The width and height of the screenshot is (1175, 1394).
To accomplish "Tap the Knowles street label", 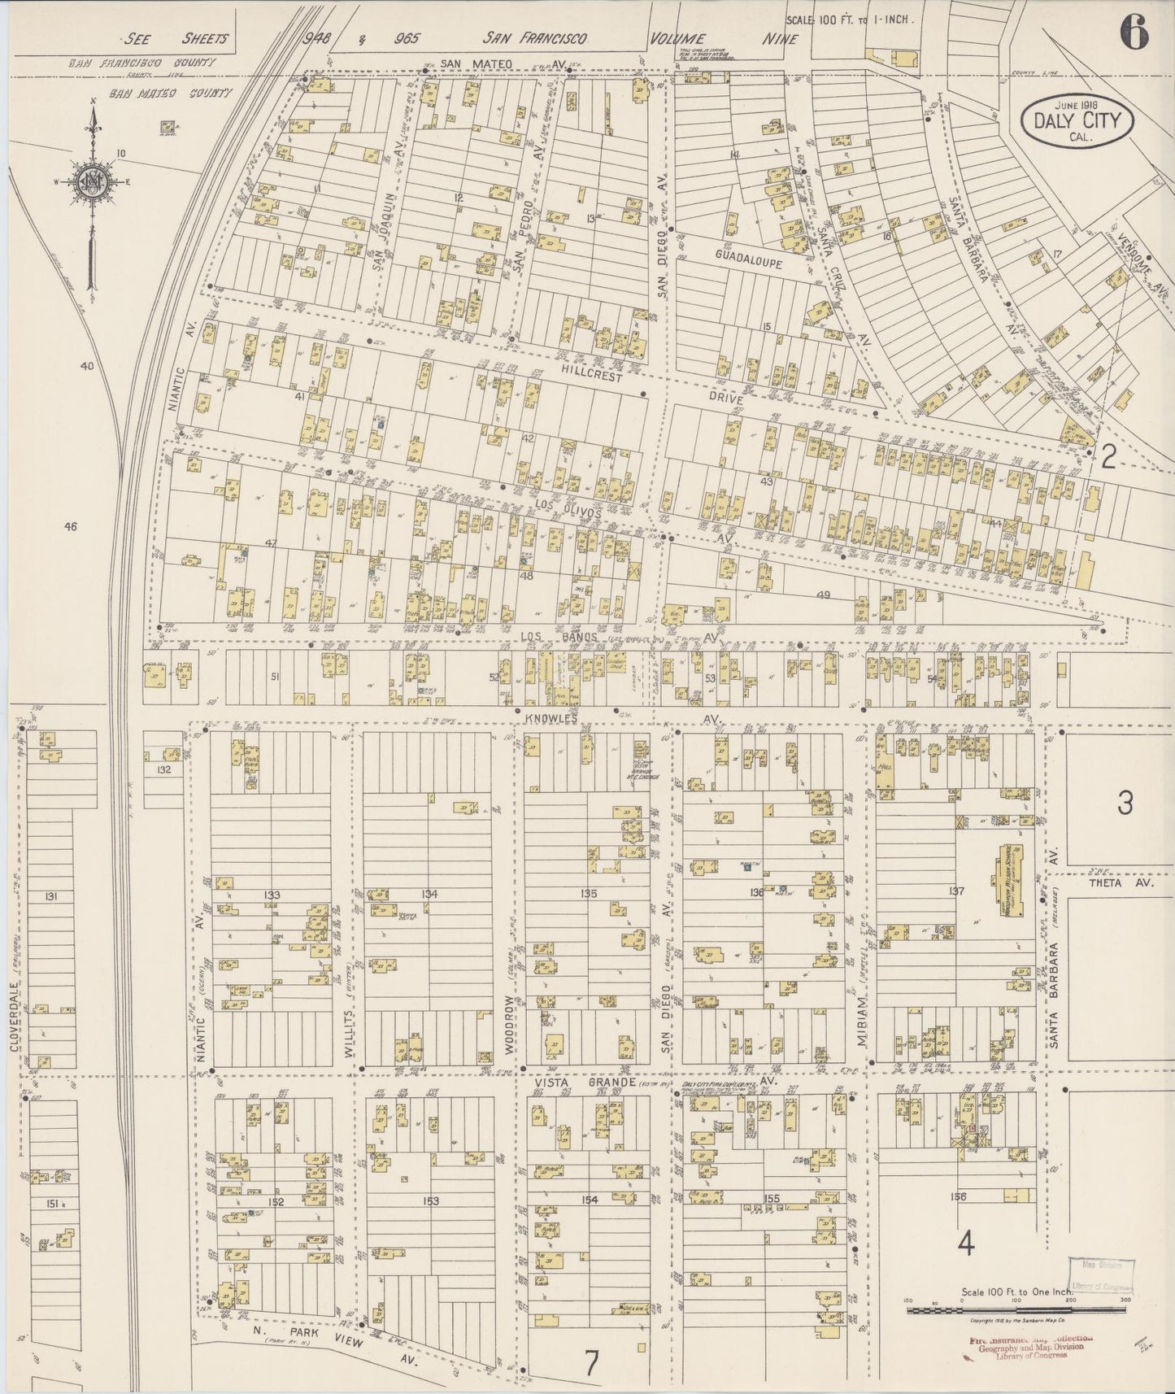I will (x=555, y=718).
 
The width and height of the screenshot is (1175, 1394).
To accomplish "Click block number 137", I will (x=955, y=891).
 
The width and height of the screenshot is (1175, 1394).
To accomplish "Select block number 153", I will (x=430, y=1200).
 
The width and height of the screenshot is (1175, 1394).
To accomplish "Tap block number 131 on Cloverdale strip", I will (x=50, y=896).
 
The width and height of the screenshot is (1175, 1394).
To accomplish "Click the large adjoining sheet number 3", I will (x=1124, y=804).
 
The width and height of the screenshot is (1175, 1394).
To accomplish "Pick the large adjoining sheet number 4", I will (x=966, y=1242).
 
